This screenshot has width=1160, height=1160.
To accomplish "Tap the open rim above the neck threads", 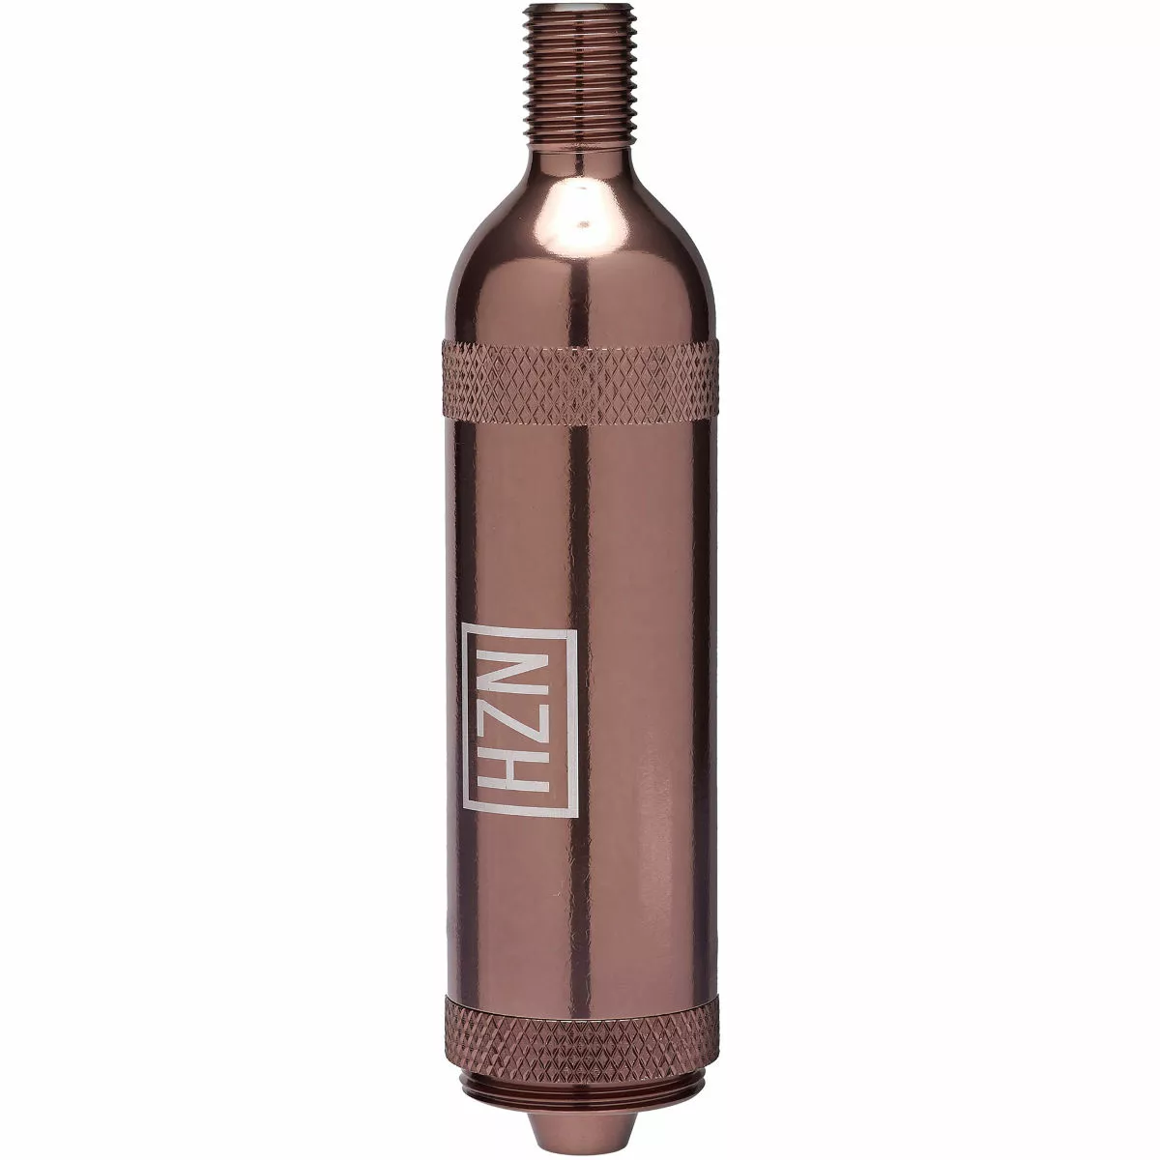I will (x=580, y=8).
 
